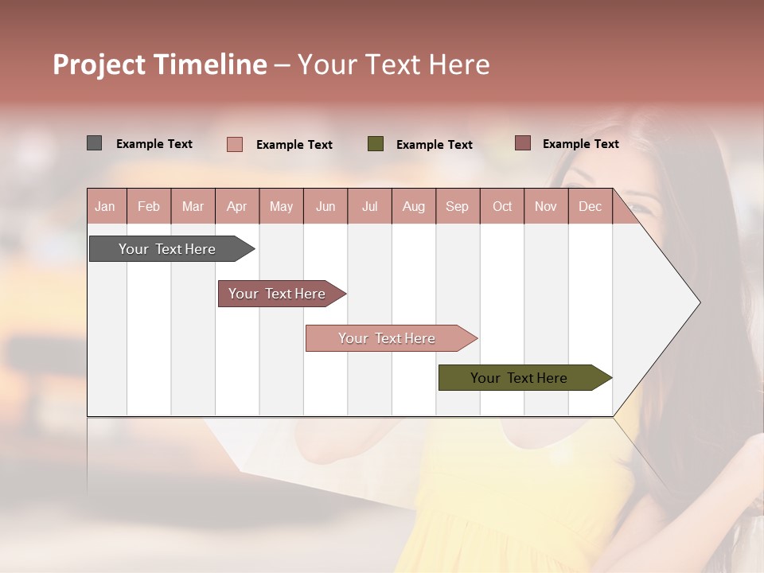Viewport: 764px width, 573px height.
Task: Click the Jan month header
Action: click(x=105, y=206)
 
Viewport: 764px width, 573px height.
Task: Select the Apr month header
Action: click(x=236, y=206)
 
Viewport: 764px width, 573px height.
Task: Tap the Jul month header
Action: click(x=369, y=206)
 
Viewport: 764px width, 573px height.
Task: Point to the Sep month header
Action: click(x=457, y=206)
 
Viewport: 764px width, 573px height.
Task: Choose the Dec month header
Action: click(x=590, y=206)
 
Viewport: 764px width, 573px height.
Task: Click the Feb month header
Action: click(x=149, y=206)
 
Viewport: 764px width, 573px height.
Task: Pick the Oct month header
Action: click(x=502, y=206)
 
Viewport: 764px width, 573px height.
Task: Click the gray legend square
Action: click(x=94, y=143)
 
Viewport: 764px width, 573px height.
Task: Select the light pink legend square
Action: click(x=234, y=144)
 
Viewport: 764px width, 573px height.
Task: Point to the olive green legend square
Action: click(x=376, y=144)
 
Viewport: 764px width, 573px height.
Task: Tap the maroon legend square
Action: click(x=522, y=143)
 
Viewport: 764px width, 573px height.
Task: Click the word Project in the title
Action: click(x=99, y=64)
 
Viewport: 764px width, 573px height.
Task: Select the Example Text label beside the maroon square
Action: click(x=580, y=144)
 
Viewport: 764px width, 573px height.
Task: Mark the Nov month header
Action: click(x=546, y=206)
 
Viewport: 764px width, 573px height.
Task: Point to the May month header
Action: click(x=281, y=206)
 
